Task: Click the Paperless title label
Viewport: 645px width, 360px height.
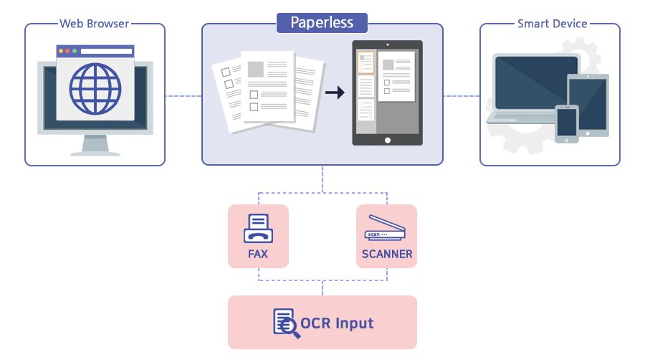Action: point(322,22)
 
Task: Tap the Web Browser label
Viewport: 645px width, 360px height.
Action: point(95,24)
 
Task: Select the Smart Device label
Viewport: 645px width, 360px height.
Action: point(552,24)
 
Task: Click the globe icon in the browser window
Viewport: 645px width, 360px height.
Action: point(95,89)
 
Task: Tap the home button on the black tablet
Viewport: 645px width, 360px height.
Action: point(388,139)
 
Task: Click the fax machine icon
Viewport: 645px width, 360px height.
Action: point(257,229)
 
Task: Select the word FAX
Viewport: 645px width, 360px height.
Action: point(257,254)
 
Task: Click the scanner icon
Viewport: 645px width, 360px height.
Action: point(386,227)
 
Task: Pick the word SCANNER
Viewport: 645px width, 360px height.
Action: point(387,254)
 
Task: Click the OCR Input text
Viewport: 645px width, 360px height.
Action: point(337,323)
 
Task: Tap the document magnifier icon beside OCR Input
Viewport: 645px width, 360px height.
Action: point(285,322)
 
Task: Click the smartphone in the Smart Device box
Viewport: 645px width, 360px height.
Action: point(566,123)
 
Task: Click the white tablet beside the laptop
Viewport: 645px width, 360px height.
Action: point(588,103)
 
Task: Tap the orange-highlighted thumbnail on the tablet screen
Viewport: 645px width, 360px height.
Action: point(365,62)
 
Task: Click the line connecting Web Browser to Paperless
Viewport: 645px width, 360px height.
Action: point(183,95)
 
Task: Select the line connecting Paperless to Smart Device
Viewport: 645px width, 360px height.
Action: point(461,95)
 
